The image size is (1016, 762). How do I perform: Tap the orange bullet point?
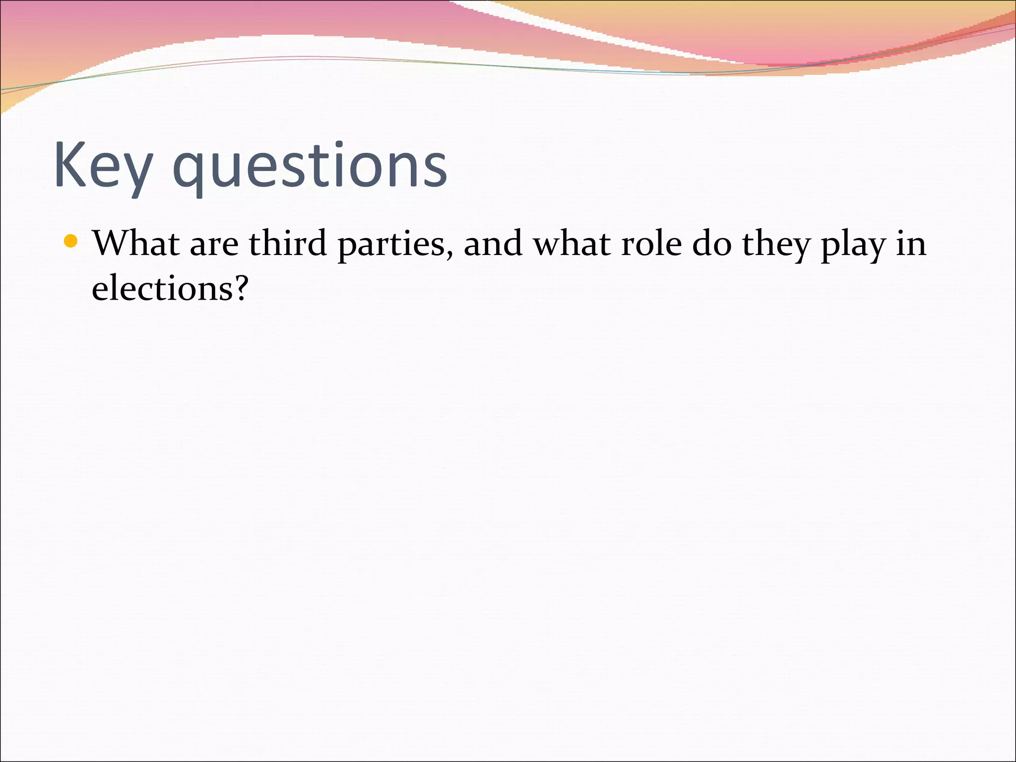pos(71,242)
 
